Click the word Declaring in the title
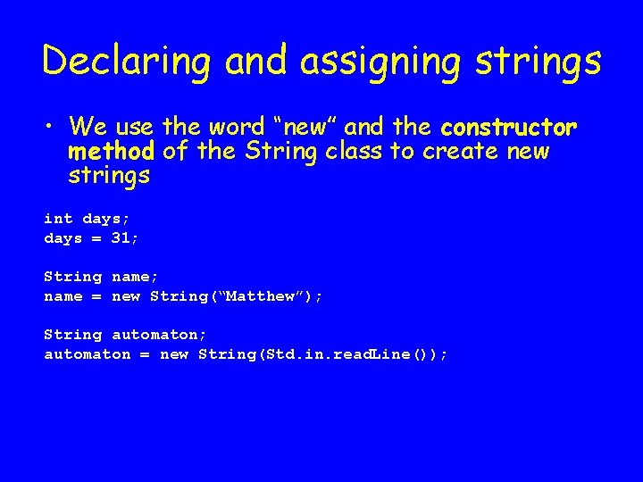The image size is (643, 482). click(126, 61)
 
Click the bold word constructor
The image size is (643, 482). click(509, 127)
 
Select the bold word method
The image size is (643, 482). click(112, 152)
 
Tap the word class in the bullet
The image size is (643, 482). click(353, 152)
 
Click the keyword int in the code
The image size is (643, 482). click(59, 219)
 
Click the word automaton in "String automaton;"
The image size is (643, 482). click(154, 335)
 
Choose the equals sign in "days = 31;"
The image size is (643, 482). click(97, 238)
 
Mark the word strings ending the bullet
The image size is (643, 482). click(109, 176)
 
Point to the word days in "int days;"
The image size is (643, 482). click(102, 219)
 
